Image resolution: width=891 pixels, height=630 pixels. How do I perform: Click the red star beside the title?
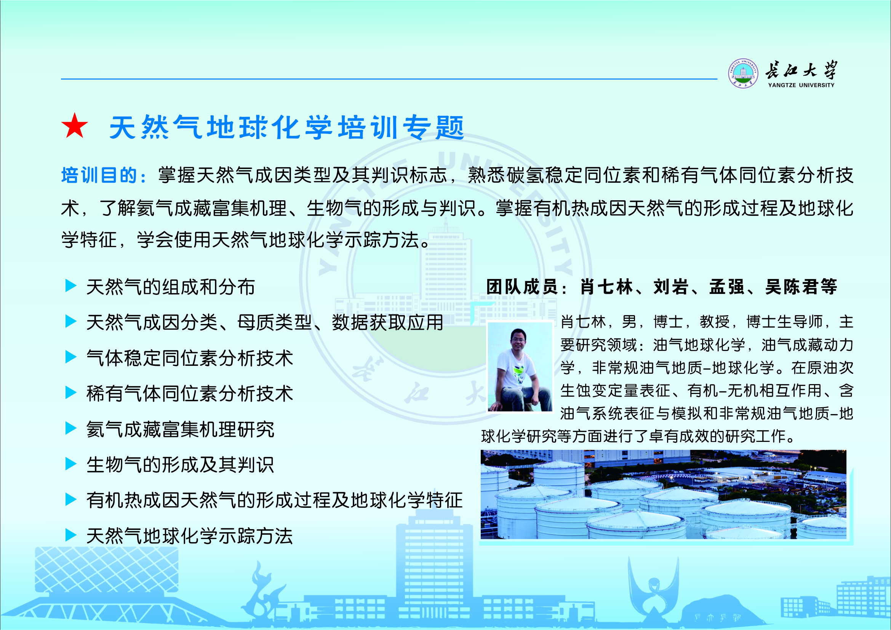tap(75, 126)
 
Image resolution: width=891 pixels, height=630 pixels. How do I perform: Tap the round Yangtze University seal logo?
tap(743, 73)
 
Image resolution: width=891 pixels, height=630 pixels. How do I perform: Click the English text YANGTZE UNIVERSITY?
tap(801, 85)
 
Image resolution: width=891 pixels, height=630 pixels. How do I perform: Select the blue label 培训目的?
tap(99, 175)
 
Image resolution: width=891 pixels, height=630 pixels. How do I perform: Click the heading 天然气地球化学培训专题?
tap(287, 127)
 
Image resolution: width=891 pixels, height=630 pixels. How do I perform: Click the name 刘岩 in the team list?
tap(670, 287)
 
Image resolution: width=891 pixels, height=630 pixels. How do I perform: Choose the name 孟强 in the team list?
tap(726, 287)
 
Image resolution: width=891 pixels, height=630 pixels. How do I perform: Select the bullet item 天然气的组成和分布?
tap(170, 287)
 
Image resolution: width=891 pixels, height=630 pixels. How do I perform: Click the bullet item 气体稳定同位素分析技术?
tap(189, 358)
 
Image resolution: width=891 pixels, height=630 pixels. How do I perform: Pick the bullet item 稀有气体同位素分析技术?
tap(189, 394)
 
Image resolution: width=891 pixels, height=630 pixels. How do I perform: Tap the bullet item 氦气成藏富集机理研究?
tap(180, 429)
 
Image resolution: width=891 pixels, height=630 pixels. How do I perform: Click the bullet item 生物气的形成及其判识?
tap(180, 465)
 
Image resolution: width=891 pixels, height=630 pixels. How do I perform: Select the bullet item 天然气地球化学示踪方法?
tap(189, 536)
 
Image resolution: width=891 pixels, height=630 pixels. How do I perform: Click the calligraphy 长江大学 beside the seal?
tap(801, 70)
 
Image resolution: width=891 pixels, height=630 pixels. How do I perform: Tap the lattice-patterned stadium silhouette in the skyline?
tap(107, 570)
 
